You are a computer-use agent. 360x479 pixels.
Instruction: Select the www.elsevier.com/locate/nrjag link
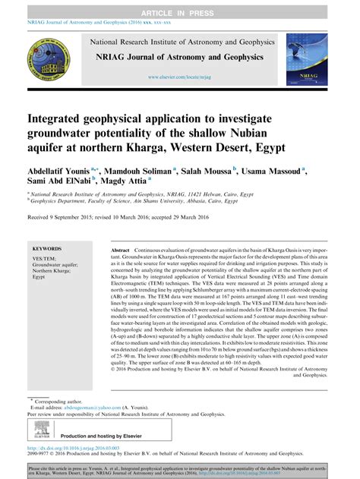pos(180,77)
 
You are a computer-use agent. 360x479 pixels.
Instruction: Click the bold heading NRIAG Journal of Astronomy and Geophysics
pos(179,57)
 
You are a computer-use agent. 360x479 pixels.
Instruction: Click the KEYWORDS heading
pos(48,248)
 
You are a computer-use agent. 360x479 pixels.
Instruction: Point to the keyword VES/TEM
pos(43,259)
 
